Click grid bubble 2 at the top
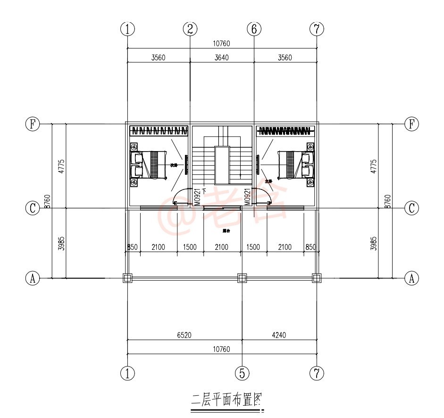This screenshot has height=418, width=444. (x=190, y=29)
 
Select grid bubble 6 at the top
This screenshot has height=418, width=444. (x=254, y=29)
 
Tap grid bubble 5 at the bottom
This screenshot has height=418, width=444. (x=242, y=374)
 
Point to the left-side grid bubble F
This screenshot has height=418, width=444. (x=33, y=124)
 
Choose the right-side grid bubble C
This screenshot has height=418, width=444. (x=412, y=208)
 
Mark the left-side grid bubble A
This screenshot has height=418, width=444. (x=33, y=279)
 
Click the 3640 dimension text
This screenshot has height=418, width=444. (x=221, y=58)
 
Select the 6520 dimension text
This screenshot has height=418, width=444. (x=184, y=335)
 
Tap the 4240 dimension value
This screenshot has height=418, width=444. (x=279, y=335)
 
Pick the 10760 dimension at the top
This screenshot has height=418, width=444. (x=221, y=44)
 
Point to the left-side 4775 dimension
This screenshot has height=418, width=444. (x=61, y=166)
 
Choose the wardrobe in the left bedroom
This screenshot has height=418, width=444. (x=158, y=130)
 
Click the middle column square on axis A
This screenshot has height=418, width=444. (x=242, y=278)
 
